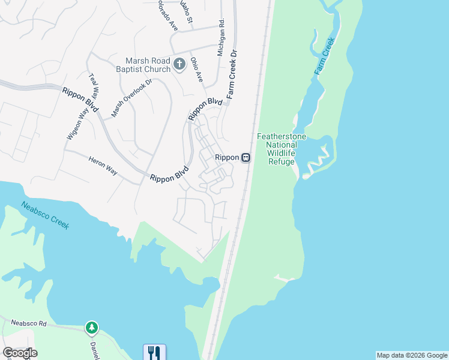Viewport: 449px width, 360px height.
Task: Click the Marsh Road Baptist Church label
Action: point(148,65)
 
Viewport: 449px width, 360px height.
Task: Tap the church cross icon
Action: point(178,64)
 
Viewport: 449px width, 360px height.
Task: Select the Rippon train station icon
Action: point(246,157)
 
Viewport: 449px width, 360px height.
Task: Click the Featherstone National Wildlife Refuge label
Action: point(282,149)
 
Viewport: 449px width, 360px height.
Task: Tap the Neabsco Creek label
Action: point(46,215)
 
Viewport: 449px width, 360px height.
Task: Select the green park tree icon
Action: point(92,328)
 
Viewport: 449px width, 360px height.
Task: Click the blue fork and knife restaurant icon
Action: point(154,352)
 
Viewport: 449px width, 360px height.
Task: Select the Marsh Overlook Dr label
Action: point(132,97)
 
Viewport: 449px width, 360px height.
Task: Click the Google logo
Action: point(20,352)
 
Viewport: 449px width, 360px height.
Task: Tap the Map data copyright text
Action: point(412,355)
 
